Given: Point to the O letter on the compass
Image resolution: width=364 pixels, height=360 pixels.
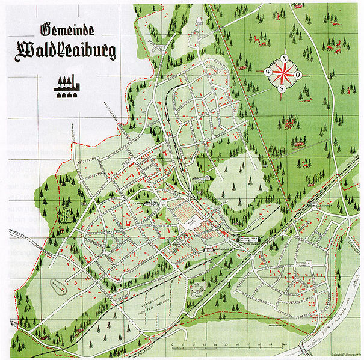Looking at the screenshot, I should coord(298,75).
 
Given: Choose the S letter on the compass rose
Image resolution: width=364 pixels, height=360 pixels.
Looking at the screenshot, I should coord(280,88).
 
